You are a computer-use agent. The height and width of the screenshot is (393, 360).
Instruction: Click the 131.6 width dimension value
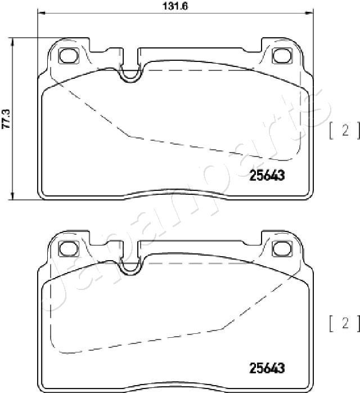[175, 6]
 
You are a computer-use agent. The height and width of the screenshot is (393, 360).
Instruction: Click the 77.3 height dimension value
[6, 119]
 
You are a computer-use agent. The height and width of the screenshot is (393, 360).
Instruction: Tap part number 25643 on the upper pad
[267, 175]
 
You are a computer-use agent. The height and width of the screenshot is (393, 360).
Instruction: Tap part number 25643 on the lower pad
[267, 368]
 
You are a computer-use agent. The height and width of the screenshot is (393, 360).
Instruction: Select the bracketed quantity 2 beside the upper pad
[345, 131]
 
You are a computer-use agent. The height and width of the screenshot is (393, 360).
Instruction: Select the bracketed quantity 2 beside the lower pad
[345, 323]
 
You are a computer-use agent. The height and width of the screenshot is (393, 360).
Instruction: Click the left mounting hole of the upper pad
[69, 56]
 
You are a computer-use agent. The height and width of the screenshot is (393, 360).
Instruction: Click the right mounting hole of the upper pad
[282, 56]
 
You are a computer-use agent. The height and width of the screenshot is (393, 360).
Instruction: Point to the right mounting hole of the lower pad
[282, 249]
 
